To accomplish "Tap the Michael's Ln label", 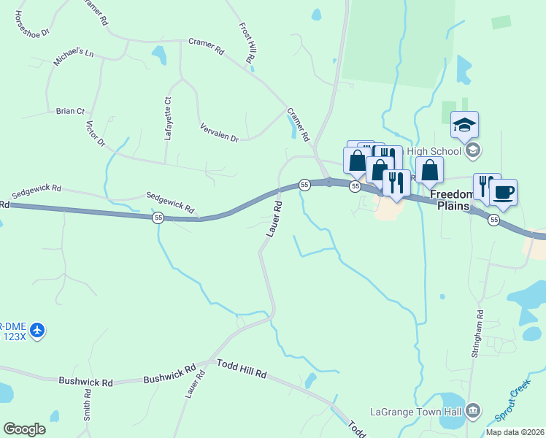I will pos(74,58).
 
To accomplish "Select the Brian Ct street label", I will pos(70,111).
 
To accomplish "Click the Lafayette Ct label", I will pos(168,119).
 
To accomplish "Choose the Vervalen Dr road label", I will pos(219,132).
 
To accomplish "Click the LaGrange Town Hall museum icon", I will pos(474,410).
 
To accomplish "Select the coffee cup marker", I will pos(503,193).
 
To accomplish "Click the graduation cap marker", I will pos(464,125).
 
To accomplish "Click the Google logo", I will pos(25,429).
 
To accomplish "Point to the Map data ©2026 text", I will pos(515,432).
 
